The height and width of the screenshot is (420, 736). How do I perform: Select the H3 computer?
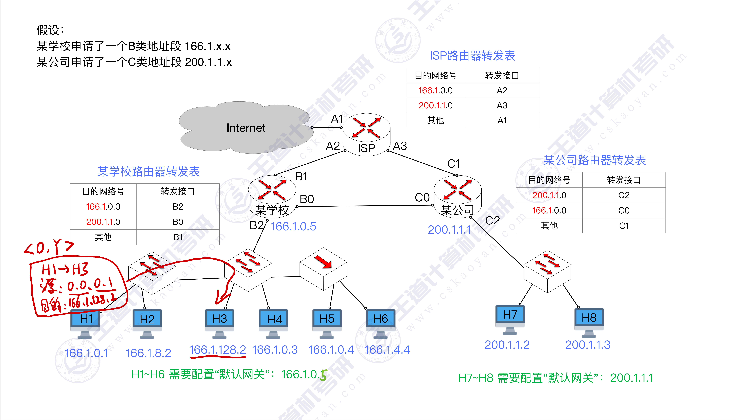click(x=219, y=322)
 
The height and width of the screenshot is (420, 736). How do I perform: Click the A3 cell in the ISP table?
click(x=502, y=105)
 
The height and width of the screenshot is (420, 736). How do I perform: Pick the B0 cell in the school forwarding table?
click(x=178, y=222)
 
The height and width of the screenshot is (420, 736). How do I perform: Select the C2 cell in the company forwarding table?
click(x=624, y=195)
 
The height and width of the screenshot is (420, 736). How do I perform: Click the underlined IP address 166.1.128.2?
click(x=217, y=350)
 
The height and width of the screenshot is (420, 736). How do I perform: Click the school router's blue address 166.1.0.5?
click(x=293, y=226)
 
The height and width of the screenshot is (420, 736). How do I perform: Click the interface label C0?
click(x=422, y=198)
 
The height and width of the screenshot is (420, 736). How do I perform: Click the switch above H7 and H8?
click(x=547, y=271)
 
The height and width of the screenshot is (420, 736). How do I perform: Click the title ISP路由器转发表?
click(x=472, y=56)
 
